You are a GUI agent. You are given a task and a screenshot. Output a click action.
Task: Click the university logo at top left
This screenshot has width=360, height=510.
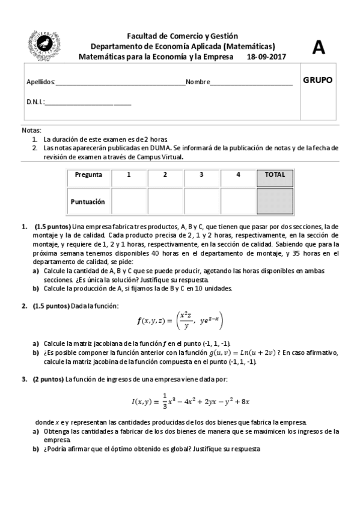tap(44, 45)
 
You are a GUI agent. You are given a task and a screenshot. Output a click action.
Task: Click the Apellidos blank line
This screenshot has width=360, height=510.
tap(120, 83)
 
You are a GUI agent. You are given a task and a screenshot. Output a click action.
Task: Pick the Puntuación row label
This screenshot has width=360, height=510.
tap(88, 202)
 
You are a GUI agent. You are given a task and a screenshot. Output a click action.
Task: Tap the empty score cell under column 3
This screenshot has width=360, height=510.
tap(202, 202)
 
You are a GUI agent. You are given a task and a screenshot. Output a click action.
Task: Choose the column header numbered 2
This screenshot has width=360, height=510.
tap(165, 175)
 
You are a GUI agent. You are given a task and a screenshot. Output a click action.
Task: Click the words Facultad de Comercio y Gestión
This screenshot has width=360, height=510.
tap(183, 37)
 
